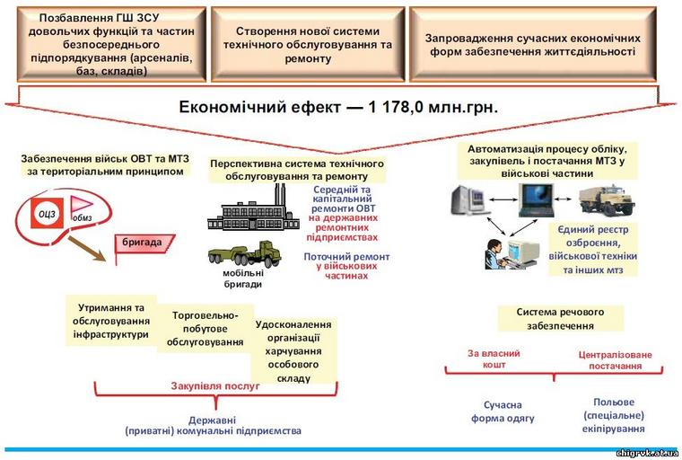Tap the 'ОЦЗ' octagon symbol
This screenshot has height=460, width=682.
click(x=47, y=213)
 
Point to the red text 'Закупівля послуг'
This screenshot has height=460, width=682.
click(x=215, y=385)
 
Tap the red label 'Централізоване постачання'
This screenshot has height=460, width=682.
click(x=615, y=360)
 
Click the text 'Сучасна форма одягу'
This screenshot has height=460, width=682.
click(x=503, y=411)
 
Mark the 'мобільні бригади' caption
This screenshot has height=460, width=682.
click(x=243, y=279)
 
